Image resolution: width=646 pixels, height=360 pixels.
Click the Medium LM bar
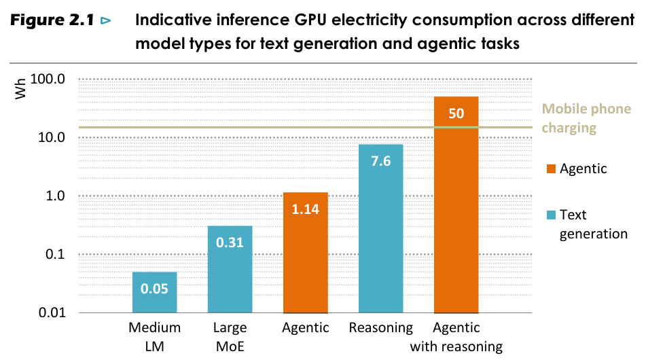click(x=154, y=292)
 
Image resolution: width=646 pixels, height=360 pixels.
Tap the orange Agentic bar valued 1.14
click(x=305, y=252)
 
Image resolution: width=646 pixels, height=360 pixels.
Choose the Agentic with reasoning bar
click(x=456, y=204)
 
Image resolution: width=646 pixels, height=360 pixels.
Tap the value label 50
click(x=456, y=113)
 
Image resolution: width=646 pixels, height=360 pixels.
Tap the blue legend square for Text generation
click(x=550, y=215)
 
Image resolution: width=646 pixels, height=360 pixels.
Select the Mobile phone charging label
click(x=586, y=118)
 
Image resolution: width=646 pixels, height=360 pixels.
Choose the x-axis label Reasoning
click(x=380, y=328)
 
